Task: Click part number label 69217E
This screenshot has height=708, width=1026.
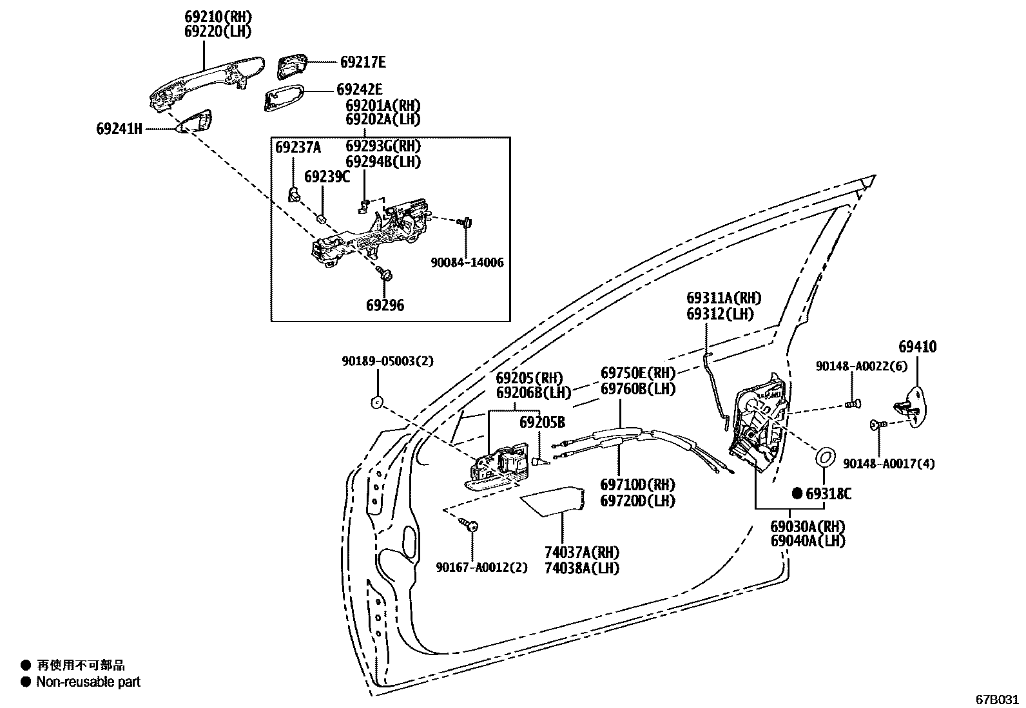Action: tap(363, 62)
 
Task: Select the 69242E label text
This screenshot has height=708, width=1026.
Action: tap(360, 90)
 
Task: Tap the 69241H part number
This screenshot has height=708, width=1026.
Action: tap(119, 129)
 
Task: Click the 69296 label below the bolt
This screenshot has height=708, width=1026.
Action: tap(385, 305)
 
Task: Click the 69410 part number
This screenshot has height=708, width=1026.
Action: tap(917, 347)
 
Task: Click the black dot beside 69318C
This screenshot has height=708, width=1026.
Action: tap(797, 493)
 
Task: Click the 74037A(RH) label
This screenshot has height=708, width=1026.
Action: tap(581, 552)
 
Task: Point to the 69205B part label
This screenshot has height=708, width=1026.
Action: tap(542, 423)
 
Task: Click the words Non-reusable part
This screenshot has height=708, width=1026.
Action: tap(88, 682)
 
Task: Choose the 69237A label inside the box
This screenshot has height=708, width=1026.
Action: tap(298, 148)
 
